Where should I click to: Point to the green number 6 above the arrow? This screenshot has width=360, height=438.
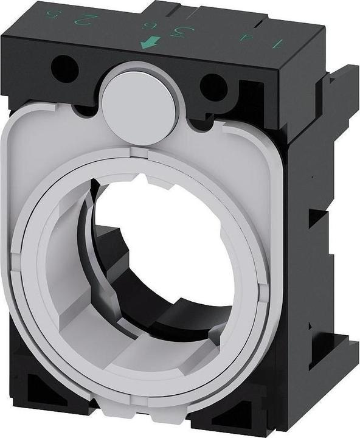(x=147, y=25)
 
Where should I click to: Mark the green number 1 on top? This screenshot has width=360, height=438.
(x=279, y=44)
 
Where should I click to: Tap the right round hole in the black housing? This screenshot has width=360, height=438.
(x=213, y=84)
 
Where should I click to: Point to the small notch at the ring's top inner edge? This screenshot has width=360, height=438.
(x=144, y=180)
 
